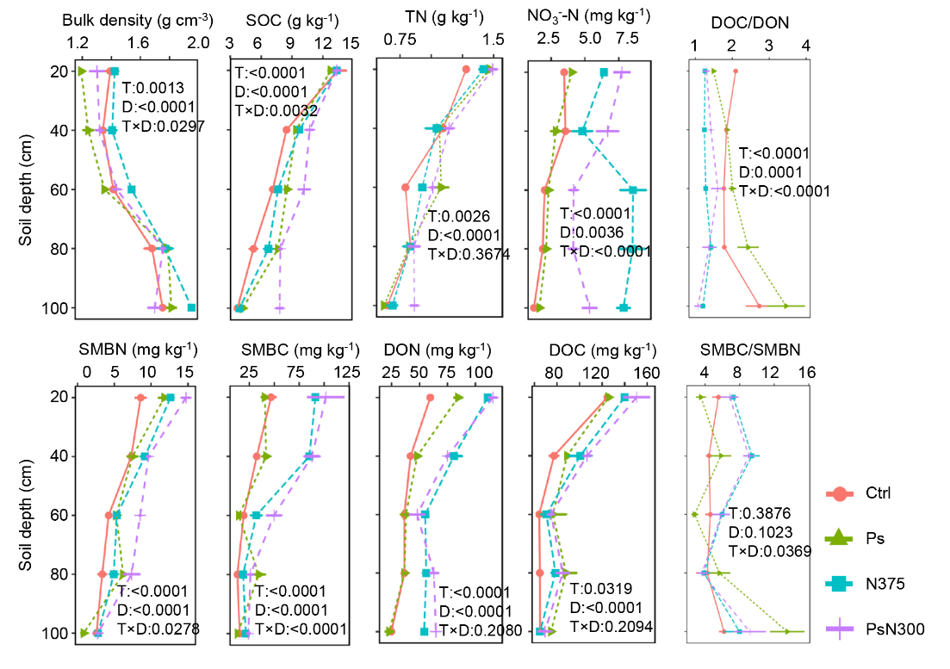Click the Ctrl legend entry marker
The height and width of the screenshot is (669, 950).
click(x=839, y=493)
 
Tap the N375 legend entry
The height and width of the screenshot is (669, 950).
click(x=883, y=584)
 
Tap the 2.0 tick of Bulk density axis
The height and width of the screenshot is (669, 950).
click(x=199, y=41)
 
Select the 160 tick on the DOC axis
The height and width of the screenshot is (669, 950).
click(x=646, y=372)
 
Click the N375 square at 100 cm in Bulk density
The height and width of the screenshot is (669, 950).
click(x=191, y=307)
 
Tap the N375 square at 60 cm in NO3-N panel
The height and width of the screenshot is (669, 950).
click(x=633, y=189)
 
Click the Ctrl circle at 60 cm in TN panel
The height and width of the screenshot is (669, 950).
click(x=406, y=187)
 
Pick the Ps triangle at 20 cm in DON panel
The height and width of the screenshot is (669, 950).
click(x=458, y=397)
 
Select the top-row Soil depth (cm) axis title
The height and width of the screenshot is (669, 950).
click(x=27, y=188)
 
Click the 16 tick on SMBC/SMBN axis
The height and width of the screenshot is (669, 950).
click(x=806, y=372)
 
